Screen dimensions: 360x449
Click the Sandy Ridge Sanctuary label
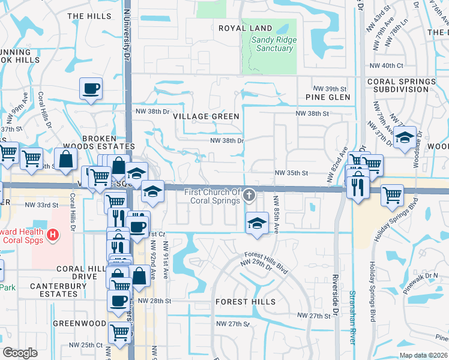click(271, 44)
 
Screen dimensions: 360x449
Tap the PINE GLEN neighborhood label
click(327, 97)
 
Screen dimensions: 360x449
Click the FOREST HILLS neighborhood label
click(246, 302)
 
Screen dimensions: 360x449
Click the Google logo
click(20, 353)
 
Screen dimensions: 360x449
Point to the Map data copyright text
click(423, 355)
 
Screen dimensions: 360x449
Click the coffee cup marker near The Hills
click(91, 89)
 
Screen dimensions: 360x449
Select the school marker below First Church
click(257, 223)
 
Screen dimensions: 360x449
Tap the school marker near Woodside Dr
click(405, 137)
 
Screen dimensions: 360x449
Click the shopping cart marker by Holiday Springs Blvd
click(392, 194)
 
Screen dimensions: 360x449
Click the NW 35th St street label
click(291, 173)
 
